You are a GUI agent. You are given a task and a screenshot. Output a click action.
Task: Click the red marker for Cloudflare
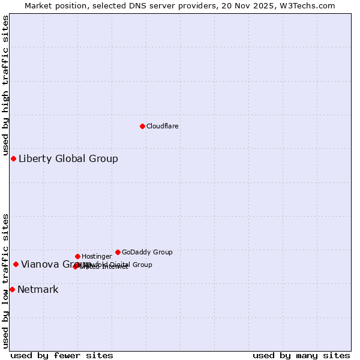142,126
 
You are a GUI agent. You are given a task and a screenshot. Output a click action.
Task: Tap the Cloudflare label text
162,126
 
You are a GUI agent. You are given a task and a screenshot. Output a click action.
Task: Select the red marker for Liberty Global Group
13,158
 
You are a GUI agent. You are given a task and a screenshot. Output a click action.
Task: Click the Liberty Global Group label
68,159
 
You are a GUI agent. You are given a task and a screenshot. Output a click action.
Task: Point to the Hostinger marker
77,256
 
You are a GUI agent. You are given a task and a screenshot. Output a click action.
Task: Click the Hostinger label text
97,256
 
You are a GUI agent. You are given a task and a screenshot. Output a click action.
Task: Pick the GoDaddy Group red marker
118,252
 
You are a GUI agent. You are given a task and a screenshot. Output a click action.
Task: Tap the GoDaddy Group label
147,252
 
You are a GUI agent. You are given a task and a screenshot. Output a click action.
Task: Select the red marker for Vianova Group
16,264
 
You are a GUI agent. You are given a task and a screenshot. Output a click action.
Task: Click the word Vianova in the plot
39,265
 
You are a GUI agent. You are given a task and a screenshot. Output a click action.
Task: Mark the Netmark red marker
12,289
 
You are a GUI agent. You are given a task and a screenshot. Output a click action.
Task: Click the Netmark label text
38,290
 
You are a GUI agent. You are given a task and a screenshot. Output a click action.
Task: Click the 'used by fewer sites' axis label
62,355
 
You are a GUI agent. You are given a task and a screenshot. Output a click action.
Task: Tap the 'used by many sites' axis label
301,355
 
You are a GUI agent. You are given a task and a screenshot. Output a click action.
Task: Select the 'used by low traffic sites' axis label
5,280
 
